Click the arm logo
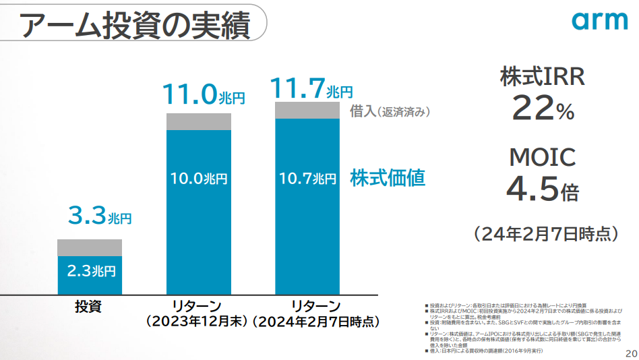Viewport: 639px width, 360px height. click(599, 21)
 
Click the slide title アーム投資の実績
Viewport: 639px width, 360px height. click(135, 25)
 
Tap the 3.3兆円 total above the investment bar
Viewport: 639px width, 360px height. click(99, 217)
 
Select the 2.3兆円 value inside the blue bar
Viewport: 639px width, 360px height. click(91, 272)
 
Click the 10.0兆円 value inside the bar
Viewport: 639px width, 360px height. click(198, 179)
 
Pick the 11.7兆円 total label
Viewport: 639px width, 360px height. click(311, 88)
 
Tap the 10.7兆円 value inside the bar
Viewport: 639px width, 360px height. click(307, 179)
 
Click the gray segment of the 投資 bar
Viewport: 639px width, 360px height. click(90, 247)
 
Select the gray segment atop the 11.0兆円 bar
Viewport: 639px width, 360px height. click(198, 121)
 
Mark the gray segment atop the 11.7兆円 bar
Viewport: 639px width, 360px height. click(307, 110)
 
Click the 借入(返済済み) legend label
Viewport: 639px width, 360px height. click(390, 112)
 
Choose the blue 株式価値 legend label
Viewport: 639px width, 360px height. click(387, 178)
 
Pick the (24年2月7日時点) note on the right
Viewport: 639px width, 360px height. click(545, 234)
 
